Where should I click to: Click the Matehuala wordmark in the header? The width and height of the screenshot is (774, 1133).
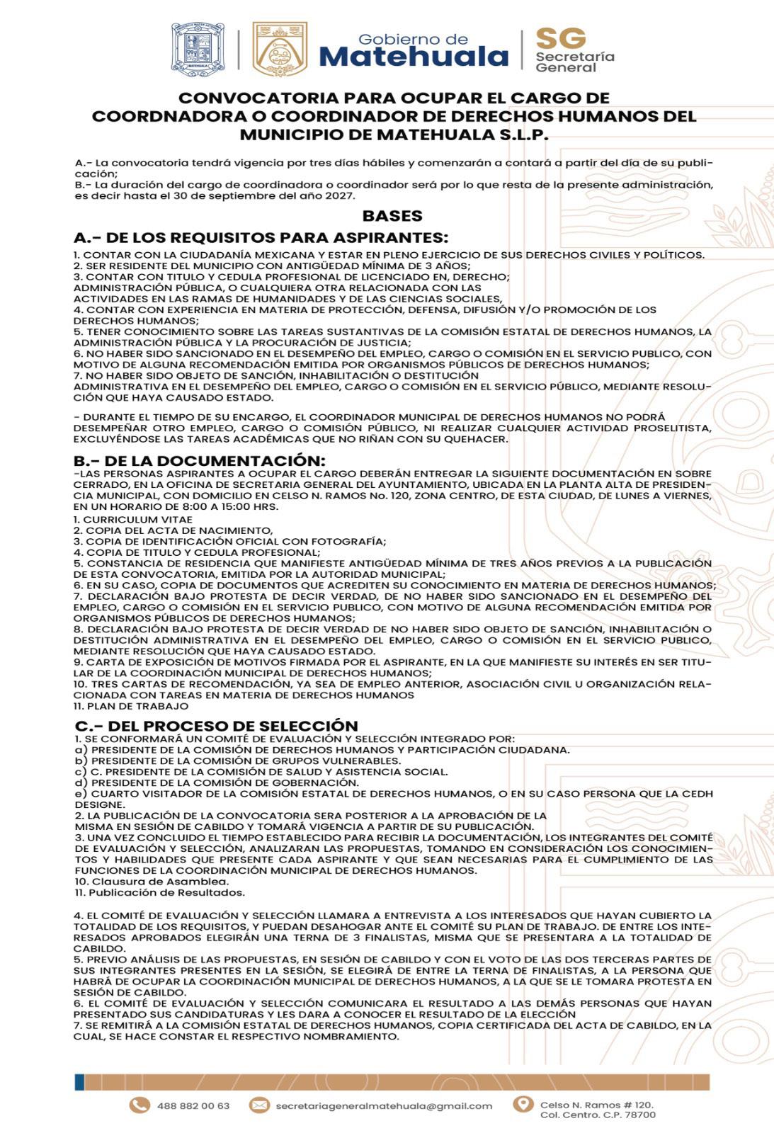tap(414, 57)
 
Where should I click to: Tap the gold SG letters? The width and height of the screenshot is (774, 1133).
tap(561, 38)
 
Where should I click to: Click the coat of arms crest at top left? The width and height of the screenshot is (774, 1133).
tap(198, 47)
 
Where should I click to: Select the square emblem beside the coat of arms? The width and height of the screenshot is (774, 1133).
tap(280, 47)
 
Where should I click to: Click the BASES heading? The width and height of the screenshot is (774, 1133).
tap(392, 216)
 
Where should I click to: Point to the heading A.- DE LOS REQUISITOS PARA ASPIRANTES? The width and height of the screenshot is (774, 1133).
tap(261, 237)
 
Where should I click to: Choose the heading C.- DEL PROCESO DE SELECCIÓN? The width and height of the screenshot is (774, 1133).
tap(217, 725)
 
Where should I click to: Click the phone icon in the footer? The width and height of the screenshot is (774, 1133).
tap(139, 1105)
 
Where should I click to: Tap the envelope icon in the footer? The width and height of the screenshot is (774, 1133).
tap(260, 1105)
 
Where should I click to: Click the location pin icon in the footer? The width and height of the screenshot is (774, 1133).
tap(523, 1105)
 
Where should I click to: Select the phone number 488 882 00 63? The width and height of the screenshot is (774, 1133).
tap(193, 1105)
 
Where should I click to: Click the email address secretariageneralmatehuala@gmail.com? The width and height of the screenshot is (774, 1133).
tap(383, 1105)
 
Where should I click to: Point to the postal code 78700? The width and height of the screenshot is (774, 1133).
tap(642, 1115)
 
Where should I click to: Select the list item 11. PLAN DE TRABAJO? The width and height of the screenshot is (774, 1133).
tap(131, 706)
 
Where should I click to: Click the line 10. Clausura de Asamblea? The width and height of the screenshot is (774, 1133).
tap(152, 882)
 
